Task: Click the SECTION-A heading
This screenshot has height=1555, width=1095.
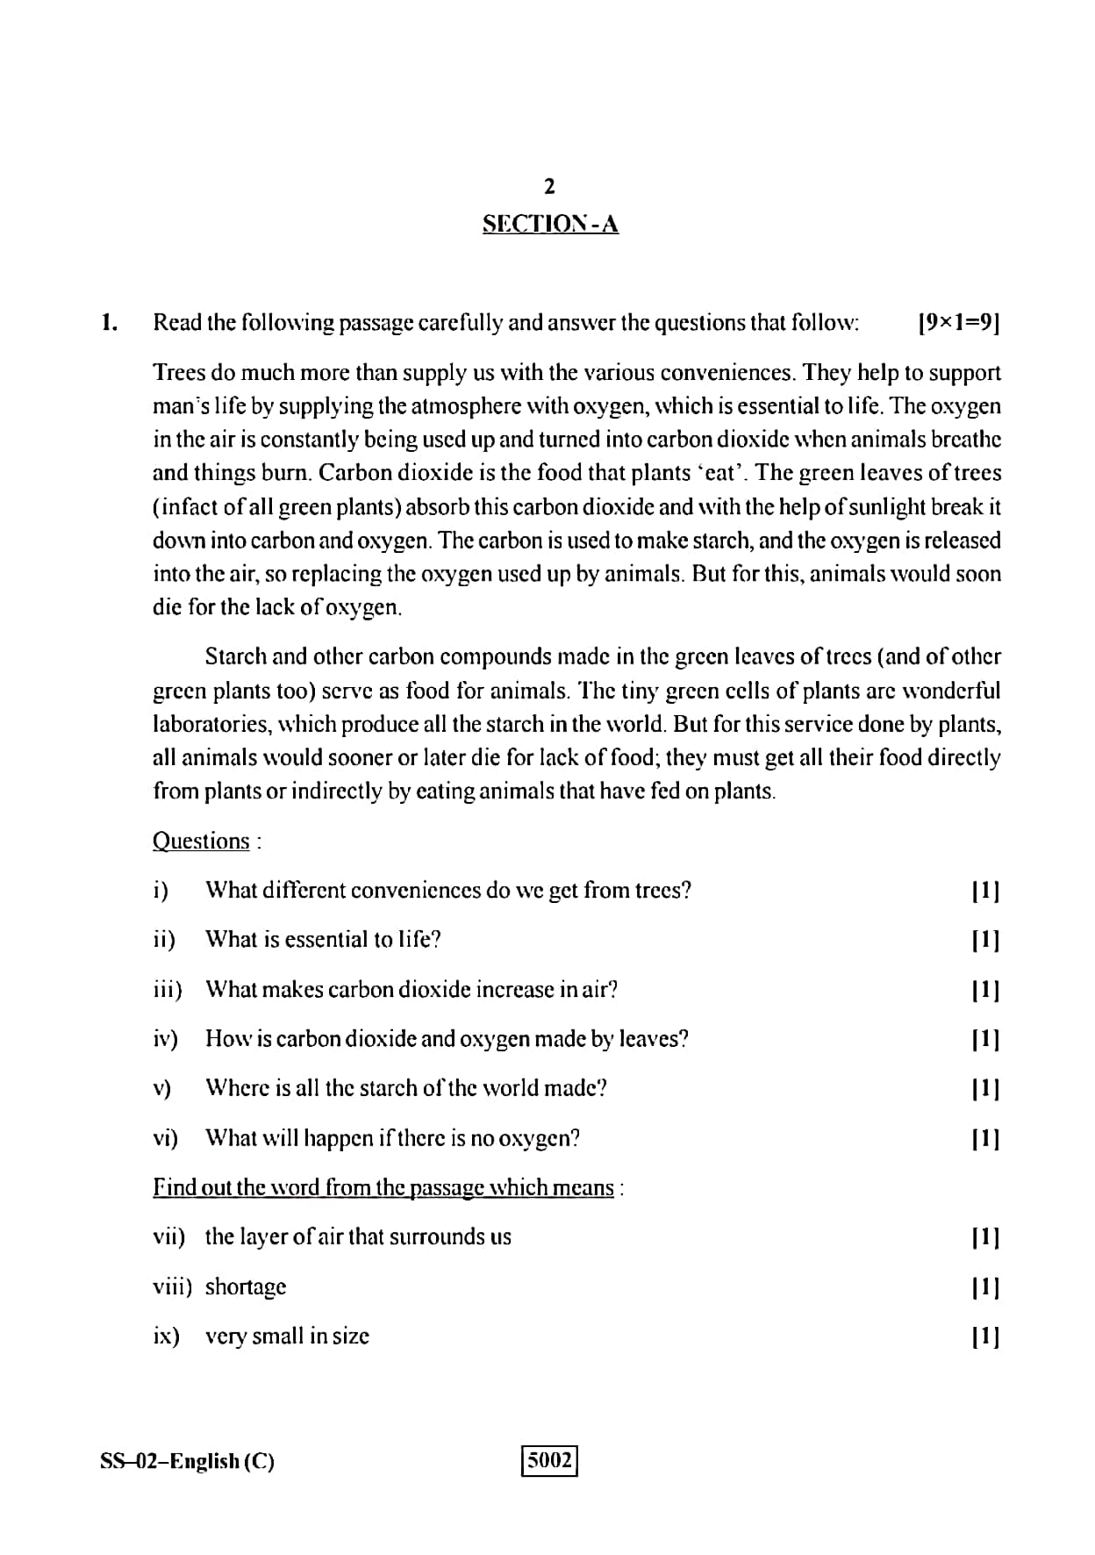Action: (550, 225)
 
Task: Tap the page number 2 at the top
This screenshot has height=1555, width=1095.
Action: (549, 186)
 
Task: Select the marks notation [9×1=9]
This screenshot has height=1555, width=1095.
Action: (958, 323)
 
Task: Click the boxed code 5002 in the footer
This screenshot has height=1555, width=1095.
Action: (550, 1460)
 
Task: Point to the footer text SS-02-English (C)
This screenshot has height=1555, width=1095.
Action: (187, 1461)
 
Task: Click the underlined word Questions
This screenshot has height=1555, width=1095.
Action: (201, 841)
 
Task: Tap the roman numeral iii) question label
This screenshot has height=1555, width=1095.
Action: (168, 989)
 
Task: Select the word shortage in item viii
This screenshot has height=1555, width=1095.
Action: (246, 1286)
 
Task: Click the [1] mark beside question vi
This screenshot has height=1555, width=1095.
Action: (986, 1138)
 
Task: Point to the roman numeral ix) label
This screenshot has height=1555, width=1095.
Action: (166, 1336)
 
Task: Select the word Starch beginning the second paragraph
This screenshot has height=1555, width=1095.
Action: (235, 656)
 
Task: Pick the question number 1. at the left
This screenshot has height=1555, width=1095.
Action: (109, 323)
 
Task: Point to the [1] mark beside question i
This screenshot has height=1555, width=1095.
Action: (986, 891)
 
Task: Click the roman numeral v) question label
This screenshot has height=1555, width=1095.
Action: (161, 1088)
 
